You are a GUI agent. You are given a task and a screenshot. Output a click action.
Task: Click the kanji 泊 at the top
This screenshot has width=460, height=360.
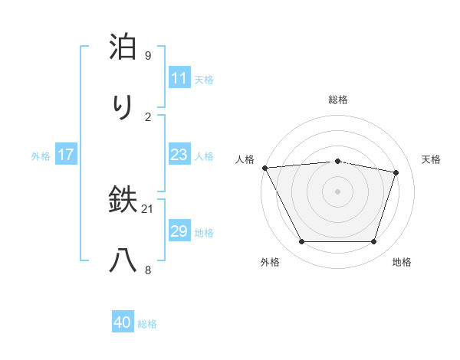[123, 48]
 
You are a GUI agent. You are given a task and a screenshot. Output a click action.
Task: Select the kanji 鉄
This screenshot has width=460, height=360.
[123, 201]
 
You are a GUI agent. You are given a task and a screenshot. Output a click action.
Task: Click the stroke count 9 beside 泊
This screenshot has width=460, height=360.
[148, 56]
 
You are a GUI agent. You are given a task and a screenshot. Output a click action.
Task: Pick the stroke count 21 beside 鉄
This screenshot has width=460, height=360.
[148, 209]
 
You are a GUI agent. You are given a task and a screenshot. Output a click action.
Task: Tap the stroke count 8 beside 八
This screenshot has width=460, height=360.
[148, 269]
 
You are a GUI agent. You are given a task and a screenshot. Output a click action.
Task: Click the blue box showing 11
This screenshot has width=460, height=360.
[179, 78]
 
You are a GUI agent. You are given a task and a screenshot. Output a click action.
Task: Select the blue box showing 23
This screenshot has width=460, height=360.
[179, 155]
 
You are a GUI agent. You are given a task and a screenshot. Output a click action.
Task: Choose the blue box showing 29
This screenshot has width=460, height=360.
[179, 231]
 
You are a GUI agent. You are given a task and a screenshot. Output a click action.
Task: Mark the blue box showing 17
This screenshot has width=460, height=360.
[65, 155]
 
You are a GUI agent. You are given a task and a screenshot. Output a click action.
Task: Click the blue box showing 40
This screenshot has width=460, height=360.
[123, 322]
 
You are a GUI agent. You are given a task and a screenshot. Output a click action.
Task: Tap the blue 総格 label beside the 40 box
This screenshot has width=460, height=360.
[148, 324]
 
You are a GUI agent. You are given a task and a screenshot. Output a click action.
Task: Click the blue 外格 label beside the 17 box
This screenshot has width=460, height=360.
[41, 156]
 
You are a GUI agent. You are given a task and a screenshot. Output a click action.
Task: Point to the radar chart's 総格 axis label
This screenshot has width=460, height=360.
[337, 100]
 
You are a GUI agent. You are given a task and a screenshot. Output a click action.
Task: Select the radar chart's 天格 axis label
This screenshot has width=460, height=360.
[432, 159]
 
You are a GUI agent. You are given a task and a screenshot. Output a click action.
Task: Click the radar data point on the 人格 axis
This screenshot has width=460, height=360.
[264, 168]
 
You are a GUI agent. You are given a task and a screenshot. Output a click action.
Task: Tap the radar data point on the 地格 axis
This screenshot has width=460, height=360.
[374, 242]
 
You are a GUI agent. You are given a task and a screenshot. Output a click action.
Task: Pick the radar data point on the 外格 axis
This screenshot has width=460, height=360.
[301, 242]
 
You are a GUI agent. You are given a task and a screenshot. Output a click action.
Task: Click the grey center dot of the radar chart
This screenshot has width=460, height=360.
[337, 191]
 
